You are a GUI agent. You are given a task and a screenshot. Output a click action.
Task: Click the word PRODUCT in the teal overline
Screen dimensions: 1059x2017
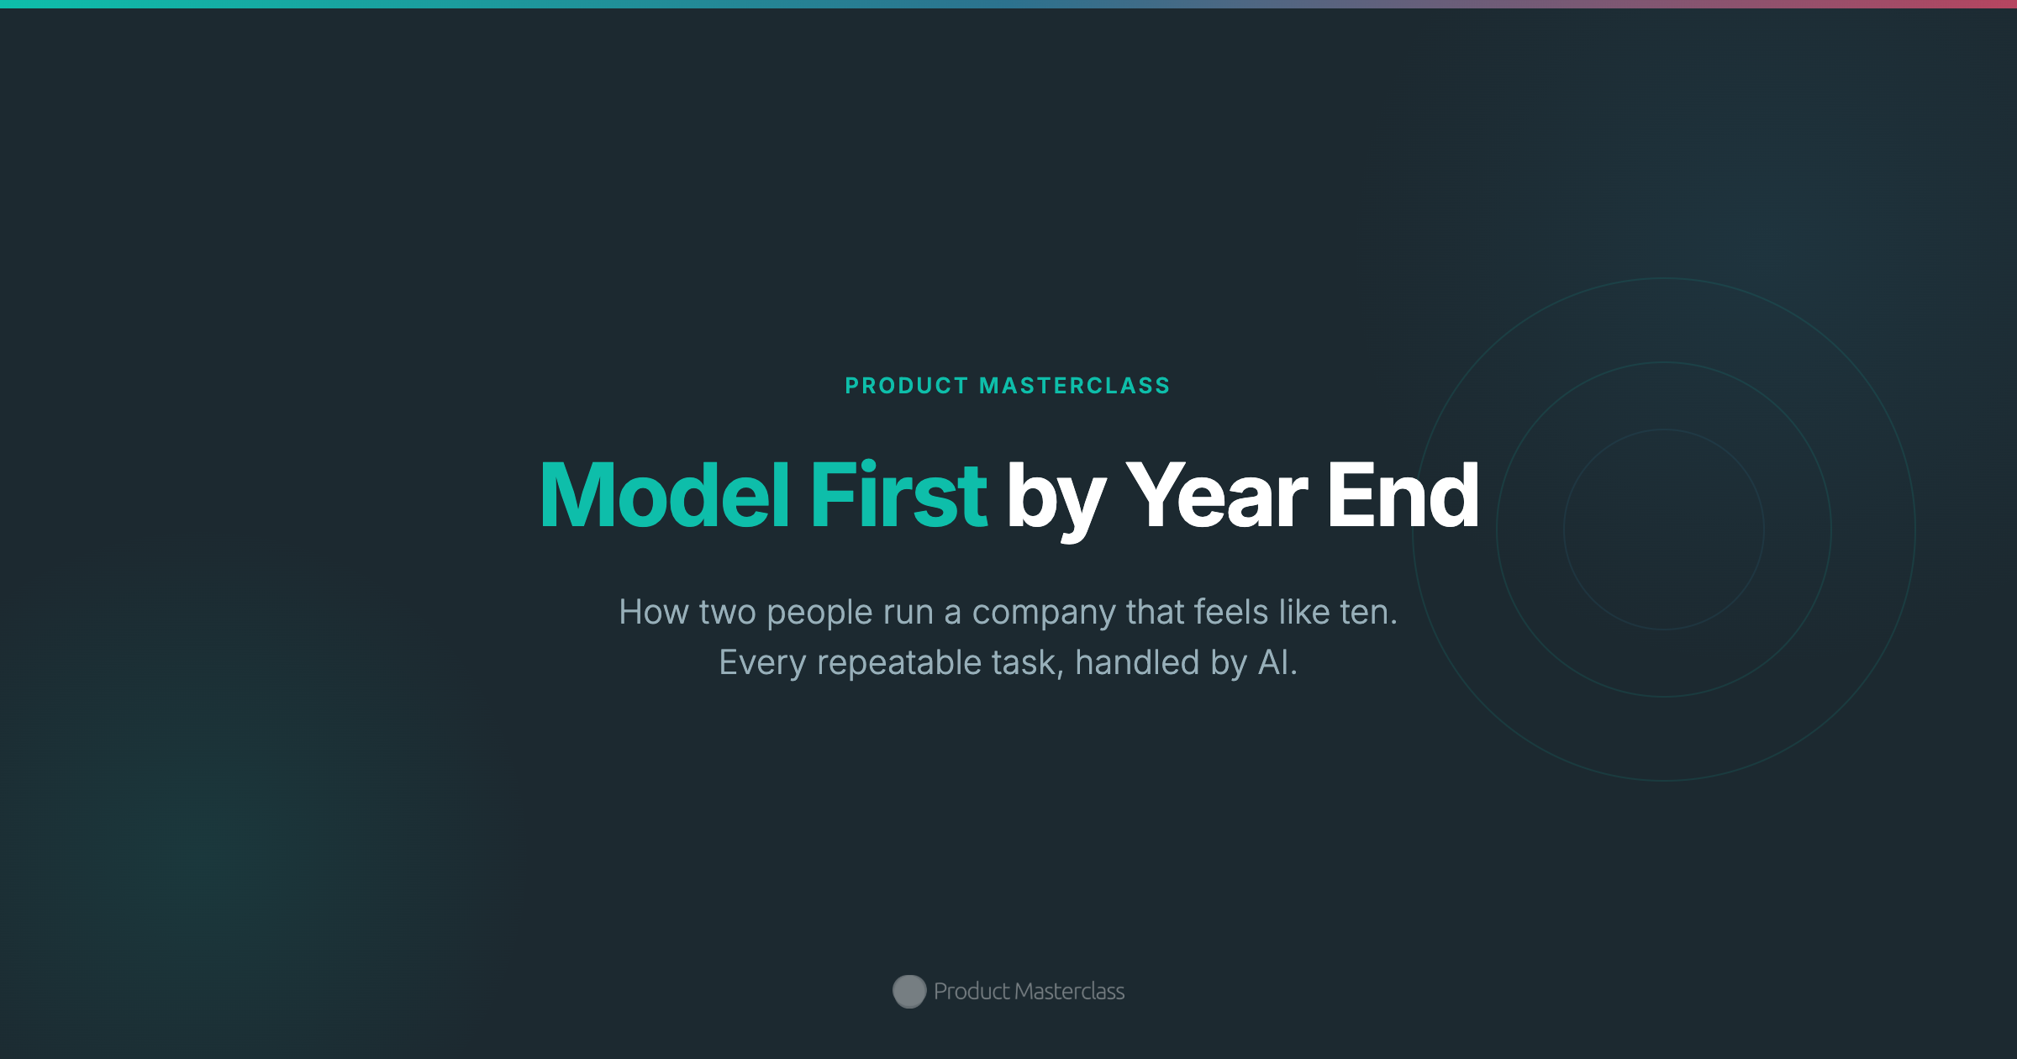[x=906, y=386]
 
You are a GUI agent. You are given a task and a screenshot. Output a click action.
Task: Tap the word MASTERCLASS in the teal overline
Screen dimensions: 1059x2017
[x=1075, y=386]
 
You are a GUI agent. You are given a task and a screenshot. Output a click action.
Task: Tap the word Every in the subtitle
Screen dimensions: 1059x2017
[x=762, y=663]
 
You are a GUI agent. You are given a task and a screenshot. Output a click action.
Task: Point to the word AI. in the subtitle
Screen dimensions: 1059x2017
[x=1277, y=662]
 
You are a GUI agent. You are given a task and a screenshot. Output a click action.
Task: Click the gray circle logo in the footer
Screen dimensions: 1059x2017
[x=909, y=992]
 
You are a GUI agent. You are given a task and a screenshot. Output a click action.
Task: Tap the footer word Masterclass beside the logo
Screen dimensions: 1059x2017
[x=1069, y=992]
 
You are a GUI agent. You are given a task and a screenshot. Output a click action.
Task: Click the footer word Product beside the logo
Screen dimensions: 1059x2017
[x=972, y=992]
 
